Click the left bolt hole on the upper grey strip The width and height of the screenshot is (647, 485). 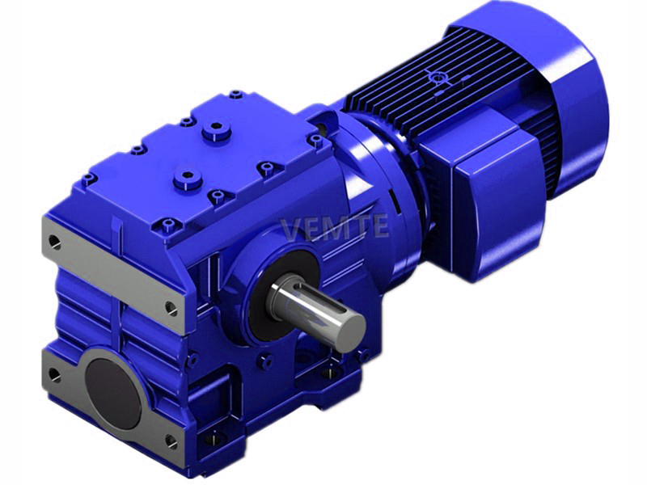[54, 240]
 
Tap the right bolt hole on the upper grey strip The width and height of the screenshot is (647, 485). [171, 307]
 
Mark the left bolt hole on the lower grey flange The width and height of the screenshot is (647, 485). [54, 374]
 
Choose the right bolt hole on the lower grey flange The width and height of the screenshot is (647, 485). [170, 441]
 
